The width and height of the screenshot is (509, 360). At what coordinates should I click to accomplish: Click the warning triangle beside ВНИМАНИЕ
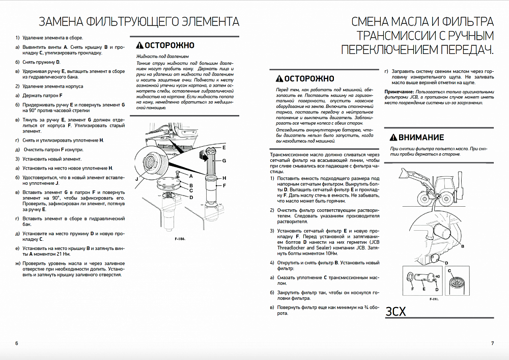392,137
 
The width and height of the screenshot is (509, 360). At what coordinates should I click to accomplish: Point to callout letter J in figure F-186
137,179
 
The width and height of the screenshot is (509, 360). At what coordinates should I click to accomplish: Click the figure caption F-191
434,299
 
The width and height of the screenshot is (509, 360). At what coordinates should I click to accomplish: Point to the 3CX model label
396,312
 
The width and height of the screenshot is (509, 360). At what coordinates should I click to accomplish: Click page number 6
17,343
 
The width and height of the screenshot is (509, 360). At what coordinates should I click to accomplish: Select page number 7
492,343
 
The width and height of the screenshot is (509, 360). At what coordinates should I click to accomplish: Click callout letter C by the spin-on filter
449,271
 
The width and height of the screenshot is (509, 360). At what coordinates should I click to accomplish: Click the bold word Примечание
400,92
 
